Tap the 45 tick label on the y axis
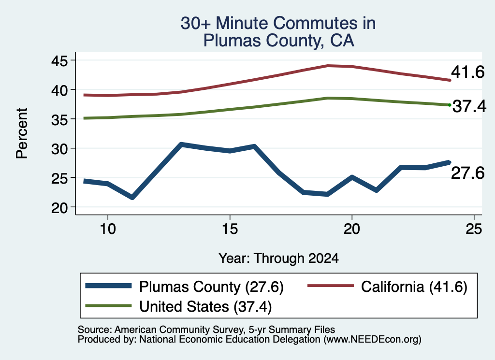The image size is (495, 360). click(59, 60)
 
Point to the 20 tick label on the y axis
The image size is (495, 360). click(59, 208)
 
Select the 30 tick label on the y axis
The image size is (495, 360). click(59, 149)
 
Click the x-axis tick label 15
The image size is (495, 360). click(230, 229)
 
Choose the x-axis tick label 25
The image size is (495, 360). click(474, 229)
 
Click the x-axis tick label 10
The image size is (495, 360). click(108, 229)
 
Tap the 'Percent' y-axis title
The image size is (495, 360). click(22, 133)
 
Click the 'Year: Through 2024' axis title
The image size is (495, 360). click(278, 258)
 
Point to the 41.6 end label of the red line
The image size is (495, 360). click(467, 72)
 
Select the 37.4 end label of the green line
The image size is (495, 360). click(469, 106)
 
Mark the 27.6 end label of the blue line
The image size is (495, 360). click(467, 173)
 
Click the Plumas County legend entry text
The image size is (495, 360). click(211, 287)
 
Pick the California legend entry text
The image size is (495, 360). click(414, 287)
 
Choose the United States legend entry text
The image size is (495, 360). click(205, 307)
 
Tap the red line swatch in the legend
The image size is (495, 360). click(331, 286)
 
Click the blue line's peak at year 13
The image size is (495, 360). click(181, 144)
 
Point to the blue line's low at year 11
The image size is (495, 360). click(132, 198)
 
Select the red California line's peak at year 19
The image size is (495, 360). click(328, 66)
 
